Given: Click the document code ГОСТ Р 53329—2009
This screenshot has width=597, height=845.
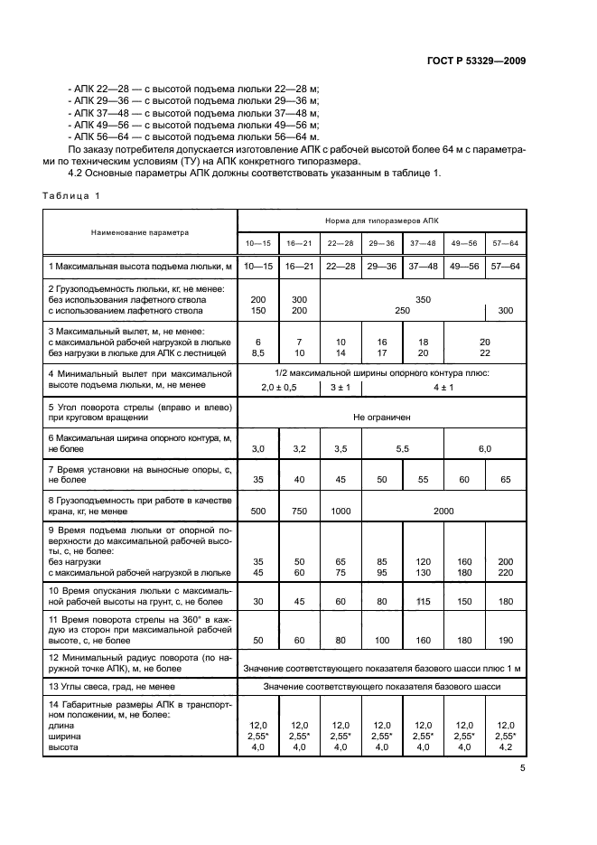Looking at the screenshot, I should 476,61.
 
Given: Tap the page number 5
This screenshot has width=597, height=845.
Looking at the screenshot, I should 522,769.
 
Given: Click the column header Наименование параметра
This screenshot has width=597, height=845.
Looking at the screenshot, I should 140,232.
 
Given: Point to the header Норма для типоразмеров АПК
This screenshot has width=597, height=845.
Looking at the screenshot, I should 381,221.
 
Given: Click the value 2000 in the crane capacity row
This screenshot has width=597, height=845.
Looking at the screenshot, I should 443,511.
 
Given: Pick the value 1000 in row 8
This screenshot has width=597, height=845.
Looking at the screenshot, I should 340,511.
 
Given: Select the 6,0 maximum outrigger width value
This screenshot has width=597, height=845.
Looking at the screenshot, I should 484,448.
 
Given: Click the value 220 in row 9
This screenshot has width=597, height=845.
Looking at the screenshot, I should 505,571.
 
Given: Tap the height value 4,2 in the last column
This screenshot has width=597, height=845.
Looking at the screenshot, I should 505,747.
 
